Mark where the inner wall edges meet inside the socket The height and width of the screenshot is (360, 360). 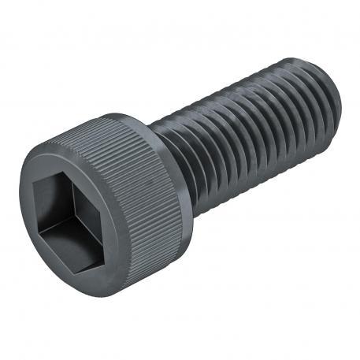tap(66, 217)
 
